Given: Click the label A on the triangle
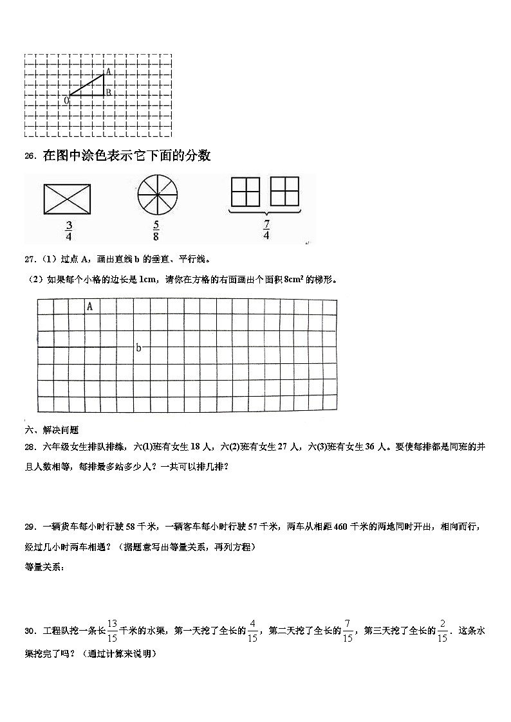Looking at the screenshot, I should (x=108, y=72).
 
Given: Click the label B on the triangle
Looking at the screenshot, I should (x=109, y=93).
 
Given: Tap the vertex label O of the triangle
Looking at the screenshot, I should (x=66, y=101).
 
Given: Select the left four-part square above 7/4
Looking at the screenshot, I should (x=245, y=192).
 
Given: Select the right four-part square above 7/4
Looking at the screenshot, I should (x=285, y=192).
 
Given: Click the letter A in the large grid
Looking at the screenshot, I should (x=89, y=307).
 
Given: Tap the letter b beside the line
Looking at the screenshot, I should (x=138, y=348).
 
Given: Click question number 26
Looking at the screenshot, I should (x=30, y=156).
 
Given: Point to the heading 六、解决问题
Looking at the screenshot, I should (x=51, y=430).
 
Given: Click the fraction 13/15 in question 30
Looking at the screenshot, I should (x=112, y=630).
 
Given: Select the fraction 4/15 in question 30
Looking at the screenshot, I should (x=252, y=630).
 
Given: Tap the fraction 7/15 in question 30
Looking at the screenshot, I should (x=348, y=630).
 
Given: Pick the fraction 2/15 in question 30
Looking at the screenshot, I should (x=442, y=630).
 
